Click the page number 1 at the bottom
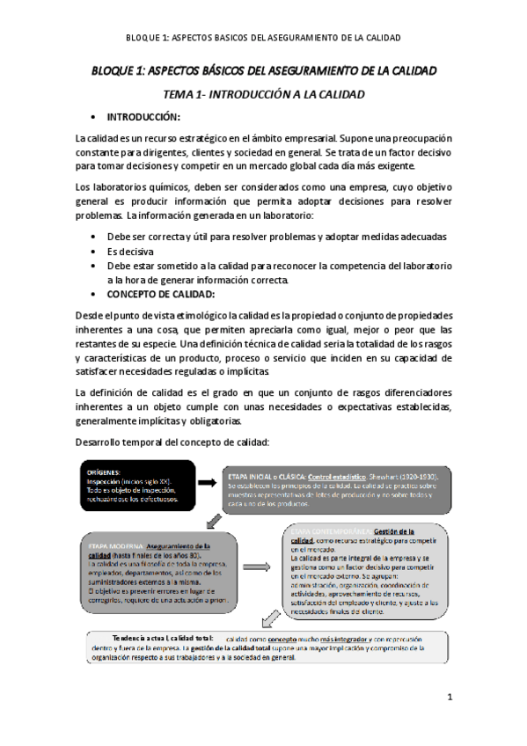(449, 698)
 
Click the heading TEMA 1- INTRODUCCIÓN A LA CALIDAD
(263, 93)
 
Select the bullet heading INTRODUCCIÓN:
(143, 117)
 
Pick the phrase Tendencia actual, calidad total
(163, 637)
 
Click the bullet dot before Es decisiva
(93, 251)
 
